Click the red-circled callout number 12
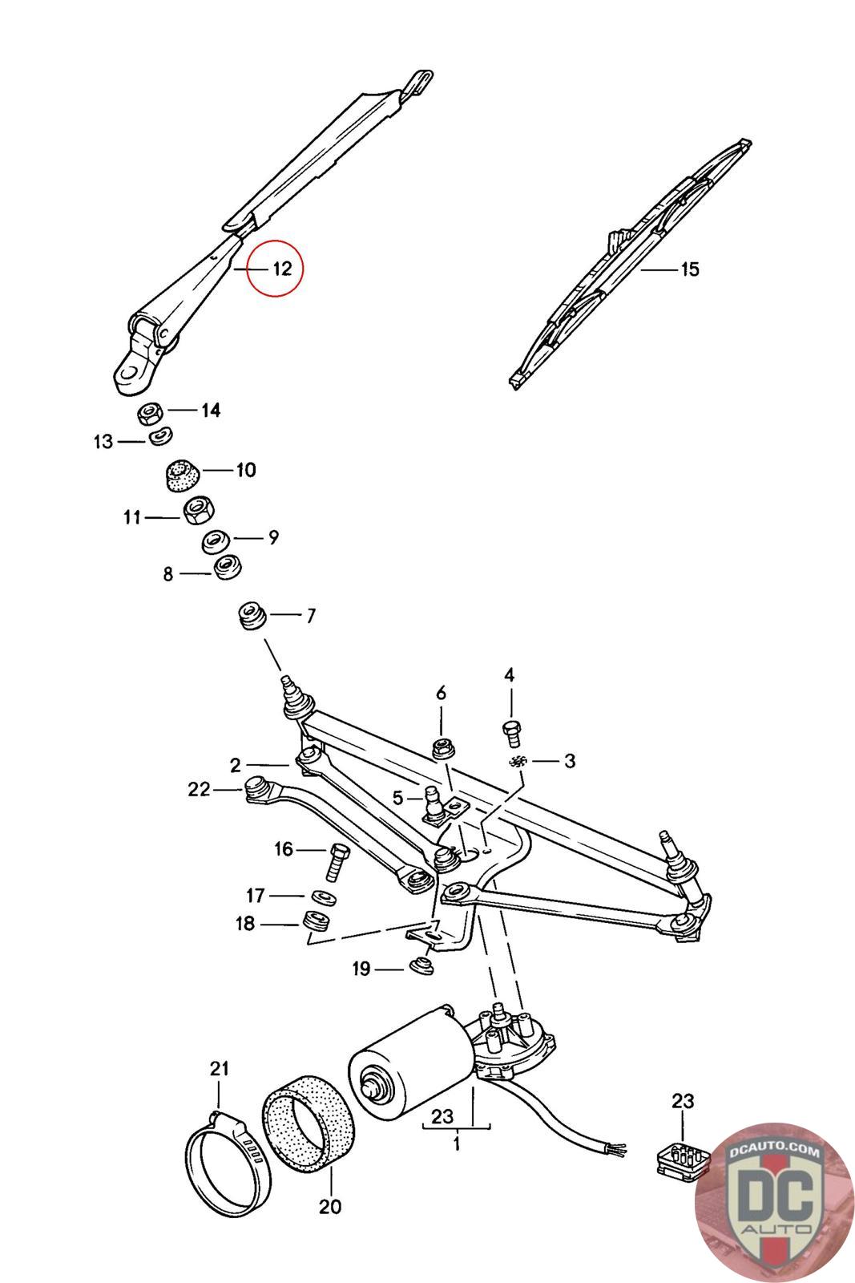click(281, 268)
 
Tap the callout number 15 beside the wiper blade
click(689, 269)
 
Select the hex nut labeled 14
click(150, 414)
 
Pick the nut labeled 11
click(196, 510)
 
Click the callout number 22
click(198, 790)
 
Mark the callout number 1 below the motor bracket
click(456, 1143)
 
